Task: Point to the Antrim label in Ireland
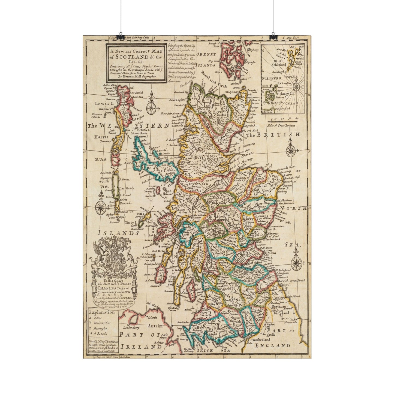[x=155, y=326]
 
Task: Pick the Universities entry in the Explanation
[x=102, y=323]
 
